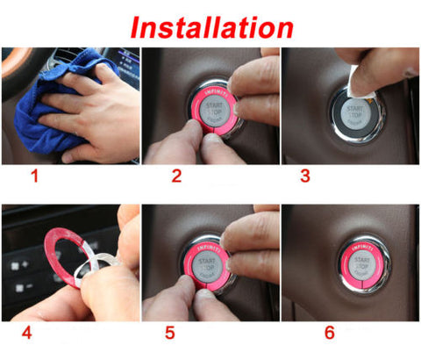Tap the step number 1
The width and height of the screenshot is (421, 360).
click(35, 177)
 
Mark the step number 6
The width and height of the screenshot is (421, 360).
click(329, 334)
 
